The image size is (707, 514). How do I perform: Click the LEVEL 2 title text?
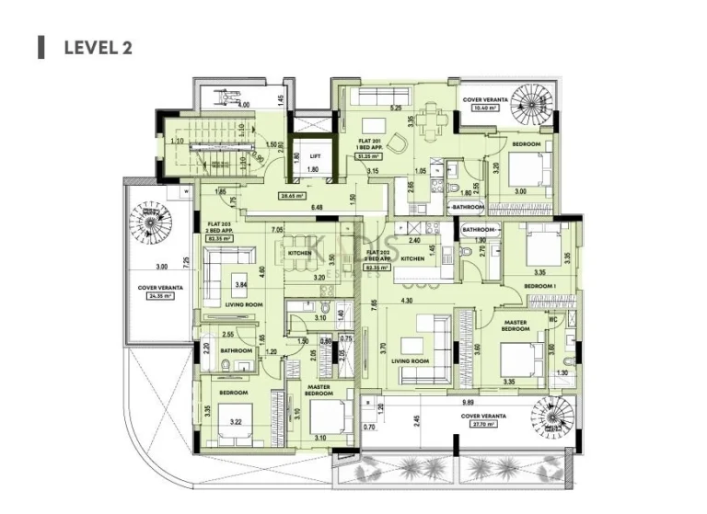pos(98,48)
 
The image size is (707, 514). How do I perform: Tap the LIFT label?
pos(314,156)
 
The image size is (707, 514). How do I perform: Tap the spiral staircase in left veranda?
pos(150,222)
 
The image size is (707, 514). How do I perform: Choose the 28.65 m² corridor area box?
pos(293,196)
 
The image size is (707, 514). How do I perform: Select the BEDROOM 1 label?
pos(540,286)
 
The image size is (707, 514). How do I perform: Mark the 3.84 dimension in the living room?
pos(241,284)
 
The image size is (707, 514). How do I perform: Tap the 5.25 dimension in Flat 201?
pos(396,108)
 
